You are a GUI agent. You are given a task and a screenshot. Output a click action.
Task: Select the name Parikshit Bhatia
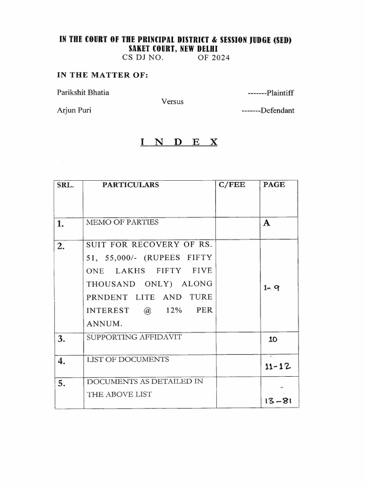[83, 92]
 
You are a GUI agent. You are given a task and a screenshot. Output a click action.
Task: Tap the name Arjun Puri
[75, 110]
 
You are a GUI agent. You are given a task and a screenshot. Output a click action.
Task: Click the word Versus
[173, 101]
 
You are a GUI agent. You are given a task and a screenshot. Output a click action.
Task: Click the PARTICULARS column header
[131, 185]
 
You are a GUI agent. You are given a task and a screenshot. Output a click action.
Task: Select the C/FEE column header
[232, 185]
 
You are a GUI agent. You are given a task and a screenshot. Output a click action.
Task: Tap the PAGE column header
[274, 185]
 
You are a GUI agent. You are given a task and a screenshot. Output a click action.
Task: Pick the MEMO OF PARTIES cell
[122, 222]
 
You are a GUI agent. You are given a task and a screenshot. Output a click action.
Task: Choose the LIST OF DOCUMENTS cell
[127, 359]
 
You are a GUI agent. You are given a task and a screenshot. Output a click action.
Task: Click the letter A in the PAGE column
[266, 223]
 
